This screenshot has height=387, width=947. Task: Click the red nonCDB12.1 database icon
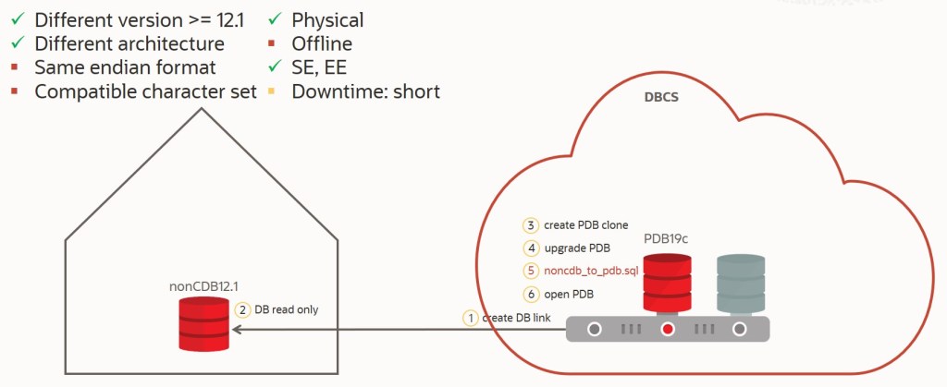[203, 322]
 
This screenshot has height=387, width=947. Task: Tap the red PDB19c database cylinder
[668, 283]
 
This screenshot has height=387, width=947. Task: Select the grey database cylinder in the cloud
[741, 283]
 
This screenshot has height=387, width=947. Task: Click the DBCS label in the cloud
[663, 96]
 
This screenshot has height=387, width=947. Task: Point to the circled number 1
[472, 318]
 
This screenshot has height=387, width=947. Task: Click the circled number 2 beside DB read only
[243, 310]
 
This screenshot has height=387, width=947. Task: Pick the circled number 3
[530, 225]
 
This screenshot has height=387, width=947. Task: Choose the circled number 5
[530, 271]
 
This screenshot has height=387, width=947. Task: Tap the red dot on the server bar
[668, 329]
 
